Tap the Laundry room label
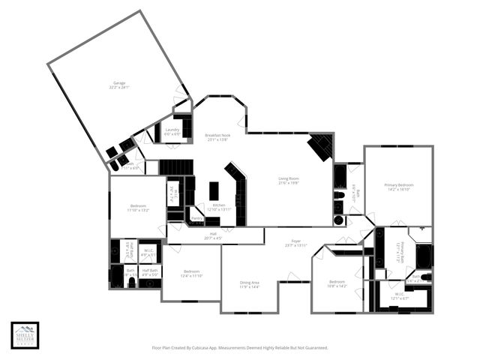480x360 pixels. click(172, 131)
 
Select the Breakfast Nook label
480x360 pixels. click(217, 137)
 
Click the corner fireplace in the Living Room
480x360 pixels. click(322, 145)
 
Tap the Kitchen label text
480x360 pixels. click(219, 206)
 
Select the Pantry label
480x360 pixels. click(196, 219)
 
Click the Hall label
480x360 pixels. click(213, 236)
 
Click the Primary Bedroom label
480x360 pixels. click(399, 187)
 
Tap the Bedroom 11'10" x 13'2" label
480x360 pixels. click(139, 208)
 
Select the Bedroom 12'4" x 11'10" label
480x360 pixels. click(191, 273)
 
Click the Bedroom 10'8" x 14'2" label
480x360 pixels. click(337, 283)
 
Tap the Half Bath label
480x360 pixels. click(150, 271)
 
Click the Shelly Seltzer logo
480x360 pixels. click(25, 335)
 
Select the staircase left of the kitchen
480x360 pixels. click(170, 167)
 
